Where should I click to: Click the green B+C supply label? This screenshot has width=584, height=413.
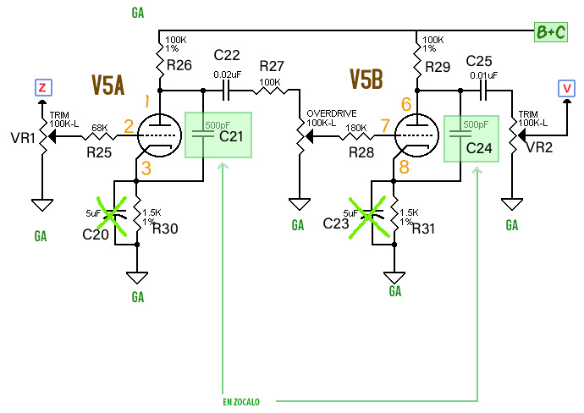click(550, 32)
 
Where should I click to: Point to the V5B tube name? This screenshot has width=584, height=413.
click(366, 80)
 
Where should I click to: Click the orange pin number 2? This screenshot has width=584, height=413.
click(129, 127)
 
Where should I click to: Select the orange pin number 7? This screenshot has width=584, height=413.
click(384, 126)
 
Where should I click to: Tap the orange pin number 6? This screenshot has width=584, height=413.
click(406, 105)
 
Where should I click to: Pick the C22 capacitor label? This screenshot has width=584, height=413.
click(228, 55)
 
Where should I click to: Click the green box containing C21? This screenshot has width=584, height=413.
click(219, 134)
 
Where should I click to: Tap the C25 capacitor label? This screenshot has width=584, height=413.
click(479, 61)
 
